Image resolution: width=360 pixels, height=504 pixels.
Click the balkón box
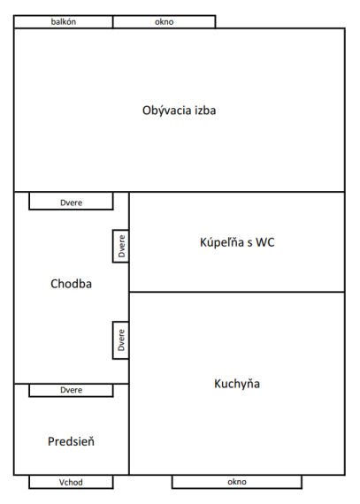click(64, 22)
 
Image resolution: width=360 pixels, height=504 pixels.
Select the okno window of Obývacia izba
click(165, 22)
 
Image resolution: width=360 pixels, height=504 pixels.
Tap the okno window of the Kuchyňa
click(237, 482)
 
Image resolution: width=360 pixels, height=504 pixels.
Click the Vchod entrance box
click(71, 482)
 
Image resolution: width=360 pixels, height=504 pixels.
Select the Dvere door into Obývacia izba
click(71, 202)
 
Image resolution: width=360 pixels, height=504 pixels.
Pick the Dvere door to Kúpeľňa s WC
click(121, 246)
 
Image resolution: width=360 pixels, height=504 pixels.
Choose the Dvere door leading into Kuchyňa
click(121, 340)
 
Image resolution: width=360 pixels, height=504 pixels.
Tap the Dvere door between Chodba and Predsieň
click(71, 390)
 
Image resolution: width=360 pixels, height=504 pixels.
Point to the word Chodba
click(71, 284)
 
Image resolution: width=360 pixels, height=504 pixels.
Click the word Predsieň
click(71, 441)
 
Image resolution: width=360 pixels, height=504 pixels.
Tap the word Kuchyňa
click(237, 384)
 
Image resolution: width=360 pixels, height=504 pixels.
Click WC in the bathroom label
click(265, 242)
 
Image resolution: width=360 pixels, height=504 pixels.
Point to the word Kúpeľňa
click(222, 242)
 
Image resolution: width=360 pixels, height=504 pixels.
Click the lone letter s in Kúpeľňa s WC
click(249, 243)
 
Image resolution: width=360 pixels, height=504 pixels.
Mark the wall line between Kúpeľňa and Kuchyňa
click(237, 292)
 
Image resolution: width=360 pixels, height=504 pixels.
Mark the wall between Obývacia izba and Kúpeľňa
click(237, 192)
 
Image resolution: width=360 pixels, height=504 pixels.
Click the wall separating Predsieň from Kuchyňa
click(129, 429)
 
